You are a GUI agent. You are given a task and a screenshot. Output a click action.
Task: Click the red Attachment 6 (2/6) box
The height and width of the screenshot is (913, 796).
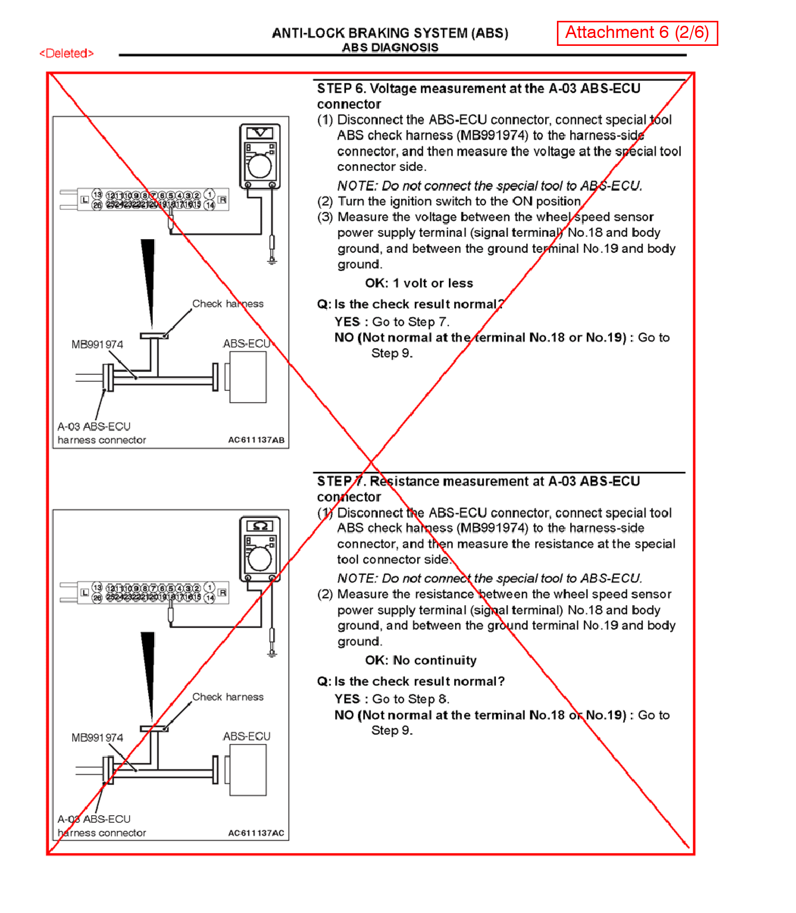(x=637, y=33)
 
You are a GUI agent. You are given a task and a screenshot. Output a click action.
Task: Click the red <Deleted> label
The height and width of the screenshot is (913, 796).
(x=67, y=53)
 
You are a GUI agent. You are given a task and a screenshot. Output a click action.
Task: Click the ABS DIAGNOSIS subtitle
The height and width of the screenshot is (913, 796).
(x=390, y=47)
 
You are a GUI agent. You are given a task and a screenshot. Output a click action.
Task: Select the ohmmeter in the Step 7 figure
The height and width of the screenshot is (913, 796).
(x=260, y=549)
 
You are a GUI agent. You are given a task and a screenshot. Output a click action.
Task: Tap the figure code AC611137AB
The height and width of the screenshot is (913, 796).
(x=256, y=440)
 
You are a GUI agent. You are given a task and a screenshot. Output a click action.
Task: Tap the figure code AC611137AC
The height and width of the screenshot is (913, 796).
(x=256, y=833)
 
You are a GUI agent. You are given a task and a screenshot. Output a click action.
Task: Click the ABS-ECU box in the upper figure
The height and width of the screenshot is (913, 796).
(x=248, y=377)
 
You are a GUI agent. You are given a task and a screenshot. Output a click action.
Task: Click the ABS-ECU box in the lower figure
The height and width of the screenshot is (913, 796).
(x=248, y=769)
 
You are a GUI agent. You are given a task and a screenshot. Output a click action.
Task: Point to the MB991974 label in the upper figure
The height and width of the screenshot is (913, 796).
(x=97, y=345)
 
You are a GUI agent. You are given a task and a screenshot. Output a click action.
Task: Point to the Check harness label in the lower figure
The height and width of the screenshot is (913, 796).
(x=227, y=697)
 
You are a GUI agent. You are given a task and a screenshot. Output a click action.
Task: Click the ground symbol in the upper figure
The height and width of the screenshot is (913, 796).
(x=272, y=261)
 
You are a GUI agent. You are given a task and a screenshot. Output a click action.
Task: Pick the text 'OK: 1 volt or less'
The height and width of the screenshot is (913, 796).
(x=419, y=283)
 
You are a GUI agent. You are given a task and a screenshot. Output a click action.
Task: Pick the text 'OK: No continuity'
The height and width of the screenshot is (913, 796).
(x=421, y=660)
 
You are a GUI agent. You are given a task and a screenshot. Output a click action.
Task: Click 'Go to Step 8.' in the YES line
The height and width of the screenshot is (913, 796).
(x=410, y=699)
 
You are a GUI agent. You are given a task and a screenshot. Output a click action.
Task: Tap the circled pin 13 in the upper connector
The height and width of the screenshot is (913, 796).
(x=97, y=194)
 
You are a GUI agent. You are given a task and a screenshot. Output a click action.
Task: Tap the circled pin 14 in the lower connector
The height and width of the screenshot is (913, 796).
(x=210, y=598)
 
